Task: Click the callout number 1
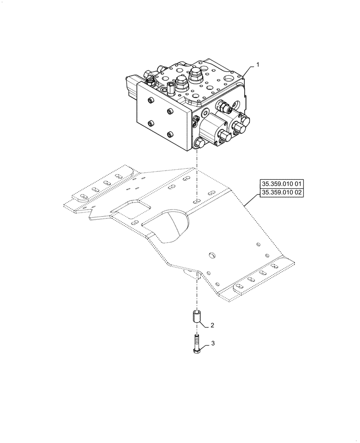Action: (258, 65)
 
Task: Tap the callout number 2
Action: (212, 325)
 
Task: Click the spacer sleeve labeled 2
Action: (196, 318)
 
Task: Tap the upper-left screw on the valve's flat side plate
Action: (150, 101)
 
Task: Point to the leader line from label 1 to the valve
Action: (248, 71)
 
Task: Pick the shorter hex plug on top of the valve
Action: (180, 82)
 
